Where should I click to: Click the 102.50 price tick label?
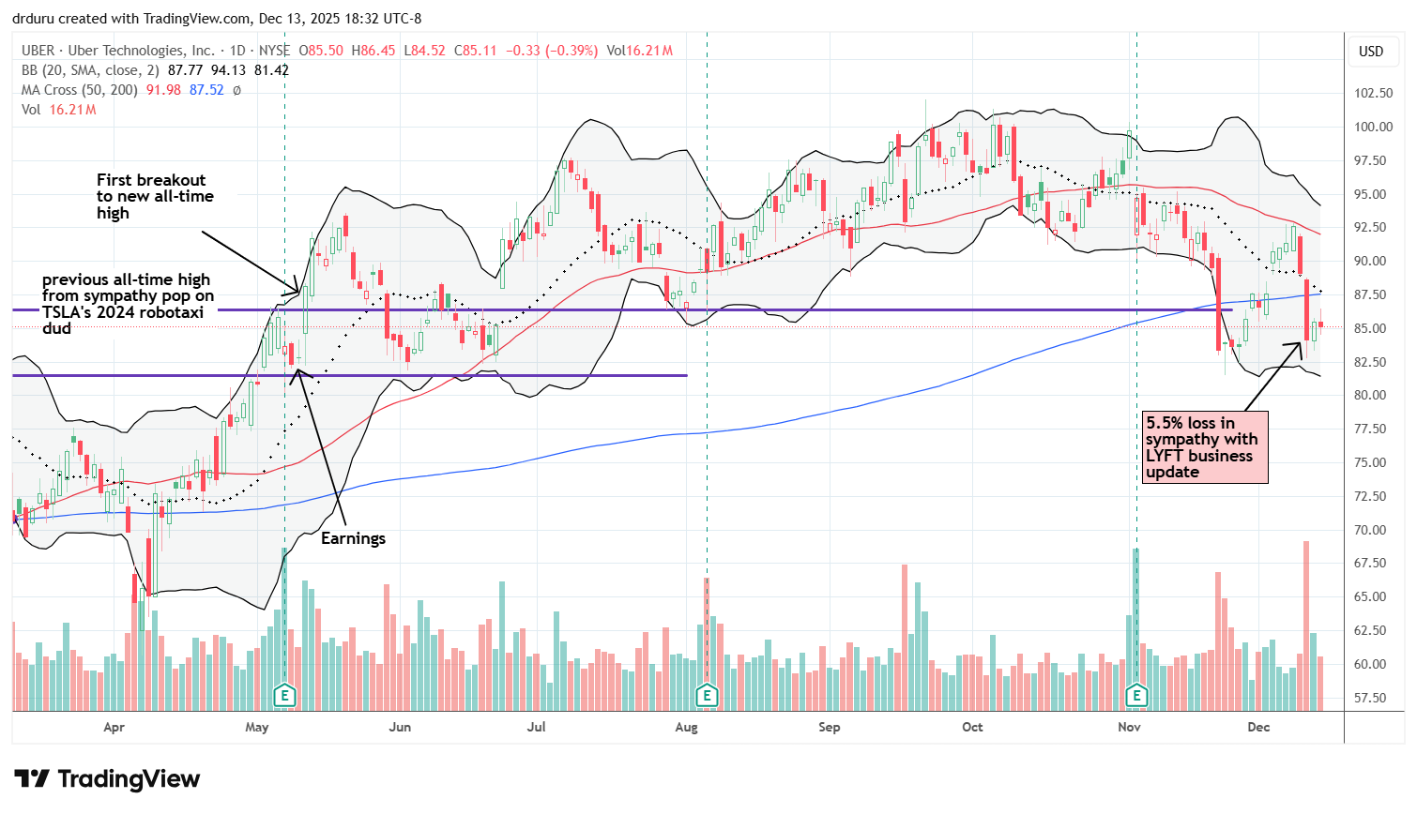pyautogui.click(x=1372, y=93)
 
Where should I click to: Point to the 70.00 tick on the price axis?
pyautogui.click(x=1372, y=530)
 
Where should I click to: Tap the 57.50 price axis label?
pyautogui.click(x=1372, y=698)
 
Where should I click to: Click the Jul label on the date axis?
pyautogui.click(x=536, y=727)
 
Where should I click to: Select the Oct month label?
pyautogui.click(x=972, y=727)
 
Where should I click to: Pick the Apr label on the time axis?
pyautogui.click(x=114, y=727)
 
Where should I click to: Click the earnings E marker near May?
pyautogui.click(x=284, y=695)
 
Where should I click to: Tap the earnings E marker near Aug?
pyautogui.click(x=707, y=695)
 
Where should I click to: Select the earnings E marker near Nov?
pyautogui.click(x=1136, y=695)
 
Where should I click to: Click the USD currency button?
pyautogui.click(x=1371, y=52)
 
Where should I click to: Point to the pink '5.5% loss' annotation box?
pyautogui.click(x=1205, y=447)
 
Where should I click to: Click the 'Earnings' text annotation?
pyautogui.click(x=353, y=538)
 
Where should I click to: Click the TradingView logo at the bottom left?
pyautogui.click(x=107, y=779)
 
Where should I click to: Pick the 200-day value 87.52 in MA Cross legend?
pyautogui.click(x=206, y=90)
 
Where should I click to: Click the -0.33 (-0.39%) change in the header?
pyautogui.click(x=551, y=51)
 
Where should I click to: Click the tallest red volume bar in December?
pyautogui.click(x=1305, y=625)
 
